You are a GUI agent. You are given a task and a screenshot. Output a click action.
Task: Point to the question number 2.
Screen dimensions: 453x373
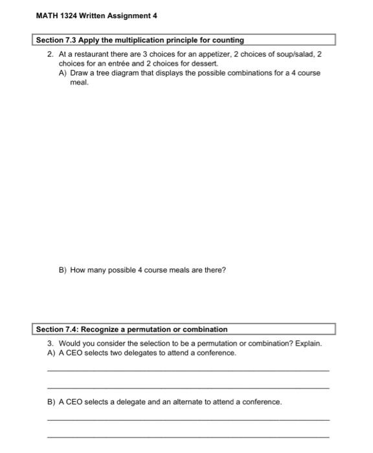coord(50,55)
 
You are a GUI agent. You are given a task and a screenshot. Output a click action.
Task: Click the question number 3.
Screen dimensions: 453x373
coord(50,344)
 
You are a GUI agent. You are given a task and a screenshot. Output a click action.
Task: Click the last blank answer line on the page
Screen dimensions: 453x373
coord(188,437)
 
